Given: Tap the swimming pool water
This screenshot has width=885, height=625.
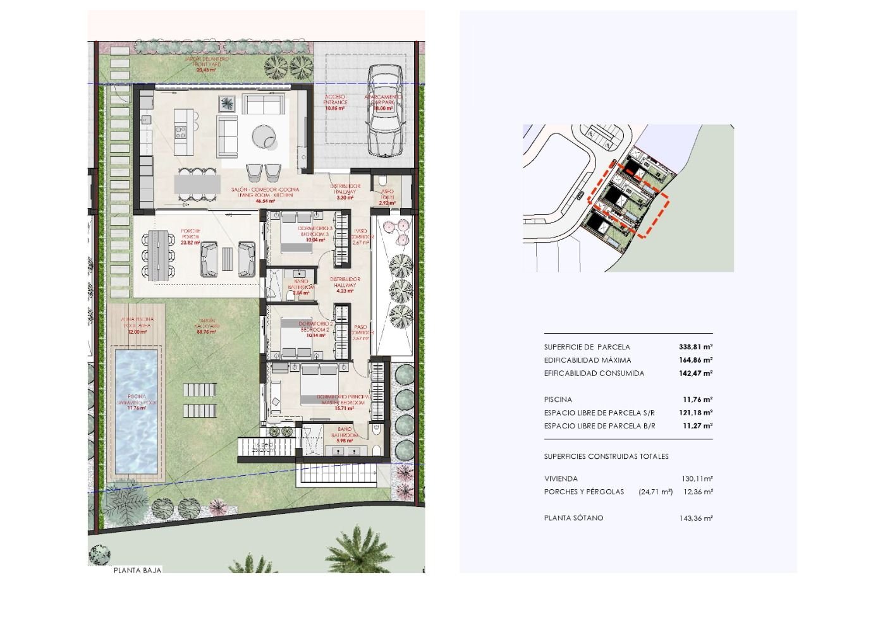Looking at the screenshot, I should tap(136, 411).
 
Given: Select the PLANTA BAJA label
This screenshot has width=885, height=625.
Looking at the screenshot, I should tap(138, 570).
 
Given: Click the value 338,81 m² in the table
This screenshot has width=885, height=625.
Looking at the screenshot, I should tap(695, 347).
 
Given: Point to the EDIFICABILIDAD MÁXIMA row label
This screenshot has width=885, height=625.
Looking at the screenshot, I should tap(587, 360).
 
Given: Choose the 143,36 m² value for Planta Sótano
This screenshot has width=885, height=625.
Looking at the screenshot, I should tap(697, 518).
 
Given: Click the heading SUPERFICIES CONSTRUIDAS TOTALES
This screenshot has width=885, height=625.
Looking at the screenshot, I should tap(606, 456).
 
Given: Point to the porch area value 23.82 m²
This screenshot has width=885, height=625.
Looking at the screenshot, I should tap(190, 243).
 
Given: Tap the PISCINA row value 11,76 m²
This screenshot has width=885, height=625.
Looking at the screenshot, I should tap(697, 399).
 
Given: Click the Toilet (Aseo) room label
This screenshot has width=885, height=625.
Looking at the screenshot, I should tap(387, 195).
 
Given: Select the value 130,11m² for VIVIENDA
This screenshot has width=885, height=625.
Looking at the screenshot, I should tap(697, 478).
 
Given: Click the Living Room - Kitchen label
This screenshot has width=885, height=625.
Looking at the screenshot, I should tap(265, 193).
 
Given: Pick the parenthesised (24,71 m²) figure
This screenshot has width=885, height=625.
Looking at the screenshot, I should tap(656, 492).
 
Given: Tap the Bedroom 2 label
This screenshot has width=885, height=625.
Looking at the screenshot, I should tap(314, 327).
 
